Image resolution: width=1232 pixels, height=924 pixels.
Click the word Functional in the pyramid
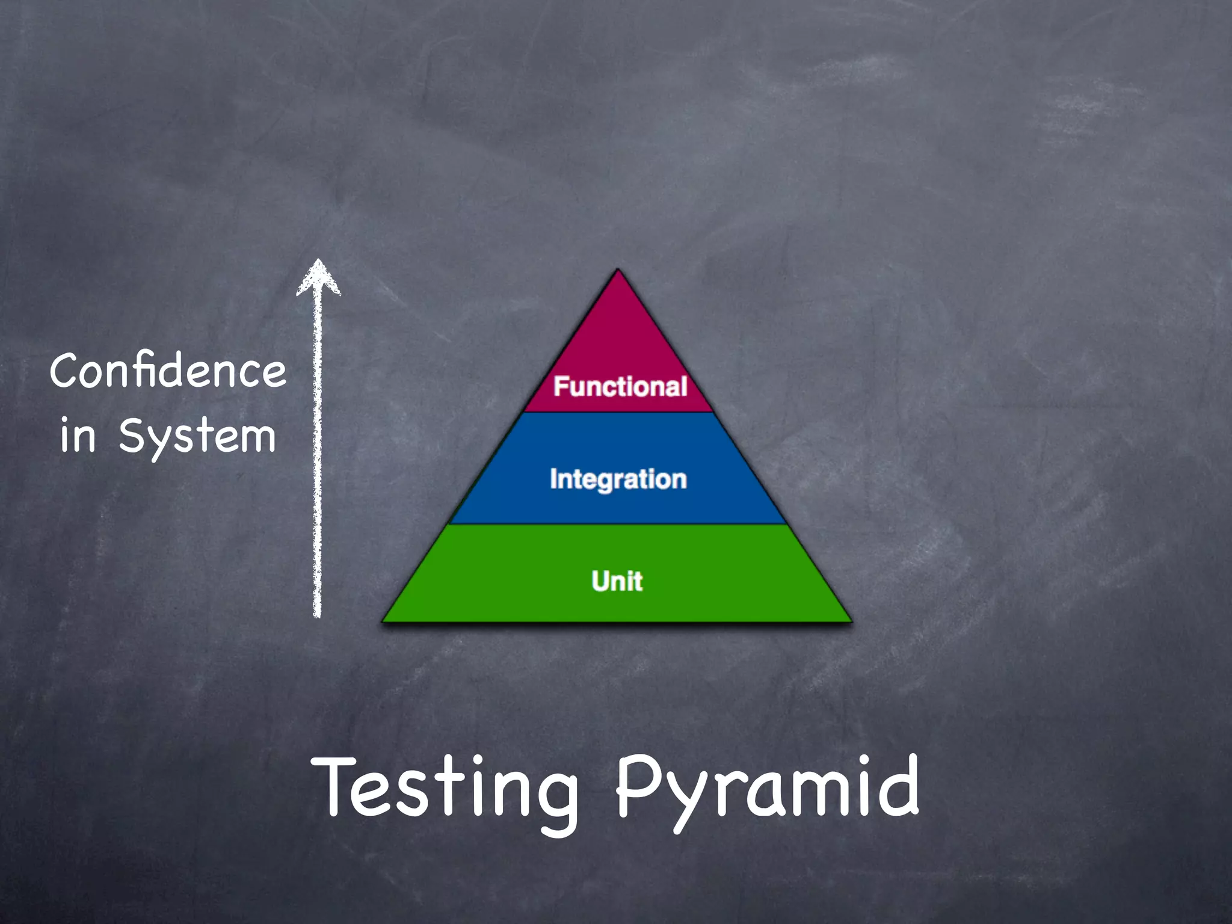(x=620, y=386)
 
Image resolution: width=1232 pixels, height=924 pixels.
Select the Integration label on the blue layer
(x=618, y=479)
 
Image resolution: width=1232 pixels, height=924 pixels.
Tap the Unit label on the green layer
(x=617, y=581)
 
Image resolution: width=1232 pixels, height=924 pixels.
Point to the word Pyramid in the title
(x=768, y=788)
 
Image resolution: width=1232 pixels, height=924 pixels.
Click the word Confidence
(x=168, y=371)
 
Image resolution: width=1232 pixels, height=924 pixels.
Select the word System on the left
(x=197, y=436)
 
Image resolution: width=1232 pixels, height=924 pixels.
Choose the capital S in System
(x=134, y=434)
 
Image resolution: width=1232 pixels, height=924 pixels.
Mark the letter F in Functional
(x=561, y=386)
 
